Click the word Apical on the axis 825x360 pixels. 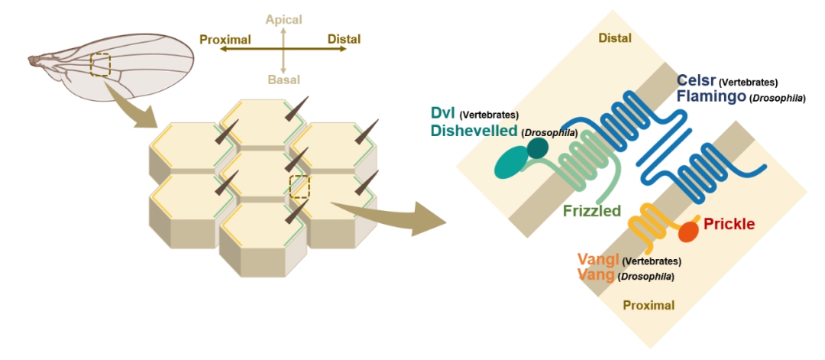pyautogui.click(x=283, y=18)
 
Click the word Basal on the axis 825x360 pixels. pyautogui.click(x=283, y=79)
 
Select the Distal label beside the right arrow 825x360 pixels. pyautogui.click(x=344, y=39)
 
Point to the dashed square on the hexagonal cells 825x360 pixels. pyautogui.click(x=300, y=186)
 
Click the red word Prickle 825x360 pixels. pyautogui.click(x=729, y=224)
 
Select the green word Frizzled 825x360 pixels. pyautogui.click(x=592, y=210)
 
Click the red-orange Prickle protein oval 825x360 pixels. pyautogui.click(x=689, y=232)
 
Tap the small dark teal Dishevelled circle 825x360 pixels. pyautogui.click(x=538, y=147)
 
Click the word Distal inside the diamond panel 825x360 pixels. pyautogui.click(x=620, y=37)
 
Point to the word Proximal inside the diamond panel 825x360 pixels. pyautogui.click(x=649, y=305)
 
